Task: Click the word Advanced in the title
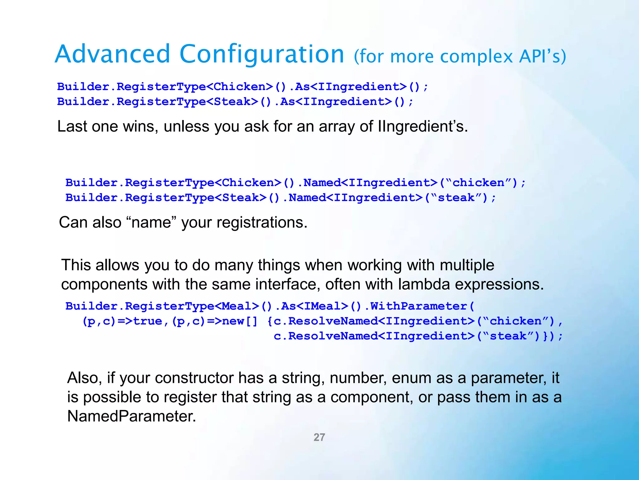coord(112,54)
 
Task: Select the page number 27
coord(319,437)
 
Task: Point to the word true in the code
coord(148,321)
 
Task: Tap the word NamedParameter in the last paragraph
coord(131,416)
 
